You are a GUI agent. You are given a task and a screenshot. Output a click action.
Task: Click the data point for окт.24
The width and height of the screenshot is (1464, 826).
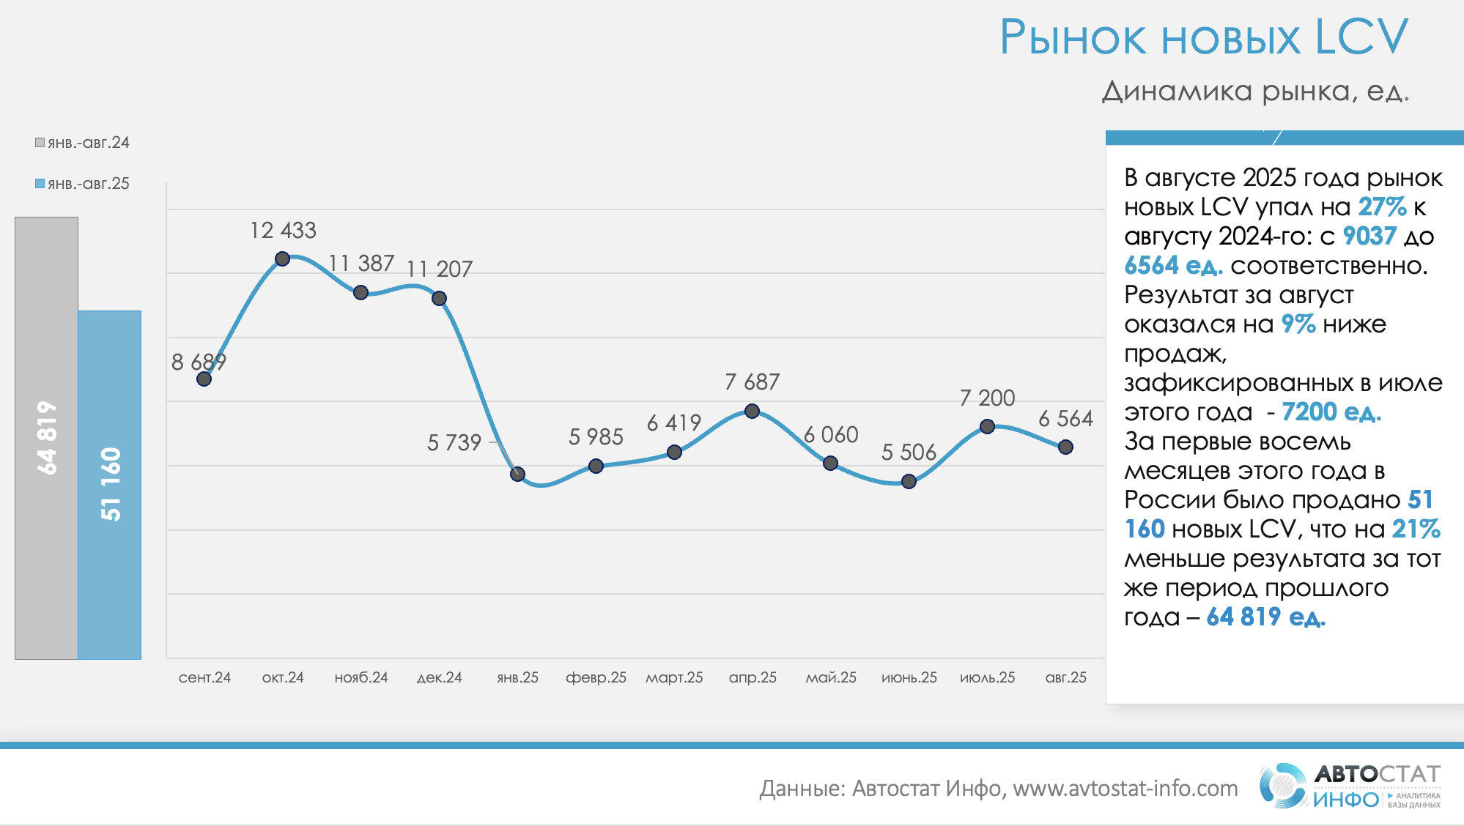click(x=282, y=258)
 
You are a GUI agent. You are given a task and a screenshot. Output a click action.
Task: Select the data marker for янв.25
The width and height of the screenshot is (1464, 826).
click(x=517, y=474)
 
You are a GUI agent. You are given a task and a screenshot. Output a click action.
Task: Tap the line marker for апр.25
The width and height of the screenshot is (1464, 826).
click(x=752, y=411)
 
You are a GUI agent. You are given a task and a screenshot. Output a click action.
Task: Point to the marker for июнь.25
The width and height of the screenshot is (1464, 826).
click(x=909, y=481)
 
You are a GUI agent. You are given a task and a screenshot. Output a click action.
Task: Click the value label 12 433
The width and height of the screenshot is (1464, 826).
click(x=283, y=231)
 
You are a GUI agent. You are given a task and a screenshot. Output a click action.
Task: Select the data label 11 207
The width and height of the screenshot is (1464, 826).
click(x=440, y=269)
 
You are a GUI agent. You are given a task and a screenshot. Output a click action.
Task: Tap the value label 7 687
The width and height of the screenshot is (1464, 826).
click(x=752, y=382)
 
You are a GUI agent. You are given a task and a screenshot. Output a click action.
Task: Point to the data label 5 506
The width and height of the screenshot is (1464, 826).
click(x=909, y=453)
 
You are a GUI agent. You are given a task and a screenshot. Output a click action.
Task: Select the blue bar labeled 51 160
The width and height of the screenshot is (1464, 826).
click(x=110, y=485)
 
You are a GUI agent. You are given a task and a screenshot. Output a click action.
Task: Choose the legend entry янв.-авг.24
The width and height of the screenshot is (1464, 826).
click(x=82, y=143)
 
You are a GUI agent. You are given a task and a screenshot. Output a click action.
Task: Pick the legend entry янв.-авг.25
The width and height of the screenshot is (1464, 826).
click(x=82, y=184)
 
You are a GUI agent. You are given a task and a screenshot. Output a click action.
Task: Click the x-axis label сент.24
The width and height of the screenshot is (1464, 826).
click(x=204, y=678)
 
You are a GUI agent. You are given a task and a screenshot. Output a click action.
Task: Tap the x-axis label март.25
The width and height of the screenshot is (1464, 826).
click(x=674, y=678)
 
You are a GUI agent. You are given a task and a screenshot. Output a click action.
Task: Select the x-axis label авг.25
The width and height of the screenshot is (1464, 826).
click(x=1065, y=678)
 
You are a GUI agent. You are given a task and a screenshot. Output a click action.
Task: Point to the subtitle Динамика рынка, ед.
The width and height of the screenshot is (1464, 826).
click(x=1255, y=92)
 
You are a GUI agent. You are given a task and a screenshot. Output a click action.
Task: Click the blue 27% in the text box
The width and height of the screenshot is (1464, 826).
click(x=1382, y=207)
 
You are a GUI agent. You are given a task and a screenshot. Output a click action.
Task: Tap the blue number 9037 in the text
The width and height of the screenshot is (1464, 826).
click(x=1369, y=237)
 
